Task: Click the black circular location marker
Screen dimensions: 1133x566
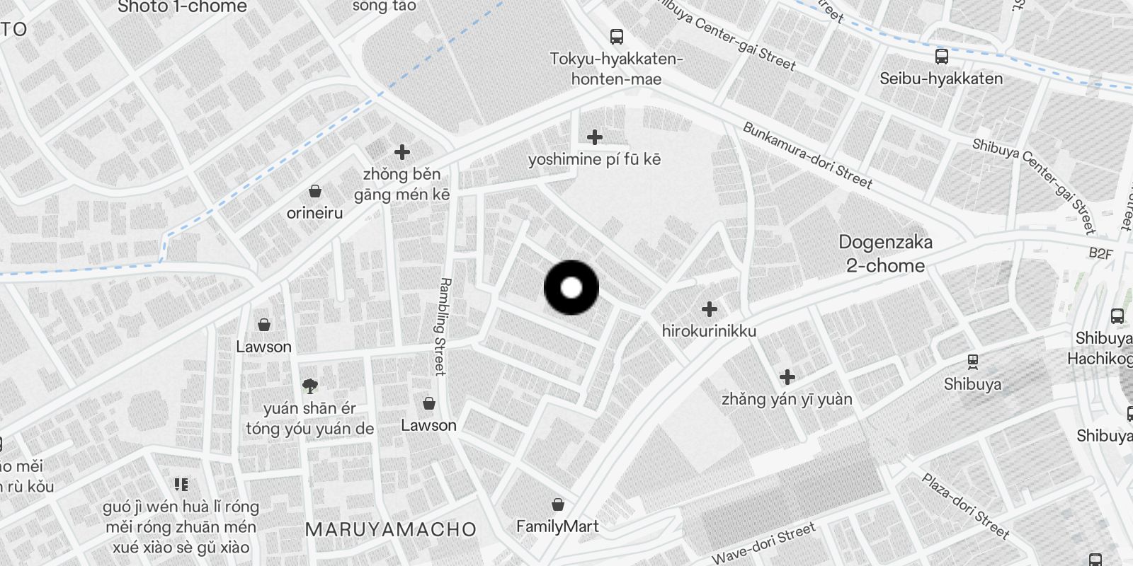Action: (571, 288)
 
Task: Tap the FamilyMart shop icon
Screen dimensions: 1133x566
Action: (558, 504)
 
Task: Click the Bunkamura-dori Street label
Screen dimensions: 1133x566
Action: (807, 155)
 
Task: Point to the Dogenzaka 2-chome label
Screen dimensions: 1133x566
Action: (885, 254)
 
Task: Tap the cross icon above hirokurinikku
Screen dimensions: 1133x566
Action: (709, 309)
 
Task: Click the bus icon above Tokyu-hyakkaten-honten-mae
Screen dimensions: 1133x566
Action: (617, 37)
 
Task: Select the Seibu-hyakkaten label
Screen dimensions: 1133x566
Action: (940, 79)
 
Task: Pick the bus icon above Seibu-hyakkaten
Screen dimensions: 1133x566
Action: (941, 57)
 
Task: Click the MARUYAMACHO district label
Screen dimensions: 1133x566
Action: (391, 529)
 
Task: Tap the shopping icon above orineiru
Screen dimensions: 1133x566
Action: (315, 191)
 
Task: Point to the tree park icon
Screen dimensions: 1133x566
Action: (309, 386)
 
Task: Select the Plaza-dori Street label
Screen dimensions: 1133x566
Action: (964, 505)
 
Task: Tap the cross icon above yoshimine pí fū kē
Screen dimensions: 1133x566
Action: (595, 137)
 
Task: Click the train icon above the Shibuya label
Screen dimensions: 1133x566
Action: (973, 362)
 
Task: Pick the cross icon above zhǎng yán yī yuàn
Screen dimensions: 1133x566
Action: (787, 377)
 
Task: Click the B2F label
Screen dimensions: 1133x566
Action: (1100, 253)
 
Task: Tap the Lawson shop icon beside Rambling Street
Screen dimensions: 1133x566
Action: (428, 403)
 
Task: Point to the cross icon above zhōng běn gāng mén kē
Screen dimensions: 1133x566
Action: (402, 152)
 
